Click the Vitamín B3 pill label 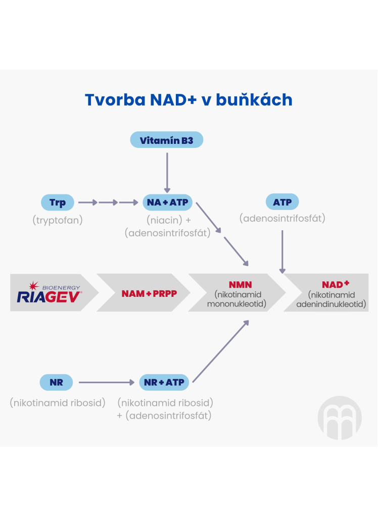coord(167,140)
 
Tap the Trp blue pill coord(58,202)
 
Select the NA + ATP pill coord(167,202)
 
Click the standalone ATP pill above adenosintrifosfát coord(282,202)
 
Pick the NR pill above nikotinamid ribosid coord(56,382)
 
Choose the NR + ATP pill coord(164,382)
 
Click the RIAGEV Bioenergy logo coord(49,292)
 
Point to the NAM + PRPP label coord(149,293)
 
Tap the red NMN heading coord(241,285)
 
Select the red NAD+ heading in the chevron coord(336,284)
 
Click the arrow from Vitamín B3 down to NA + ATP coord(167,173)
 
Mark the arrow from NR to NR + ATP coord(107,383)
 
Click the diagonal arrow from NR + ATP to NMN coord(220,351)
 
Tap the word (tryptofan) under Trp coord(58,220)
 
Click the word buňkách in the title coord(254,99)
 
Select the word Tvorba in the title coord(115,99)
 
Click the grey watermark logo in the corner coord(340,418)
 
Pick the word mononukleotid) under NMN coord(237,303)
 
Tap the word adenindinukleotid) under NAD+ coord(331,304)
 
